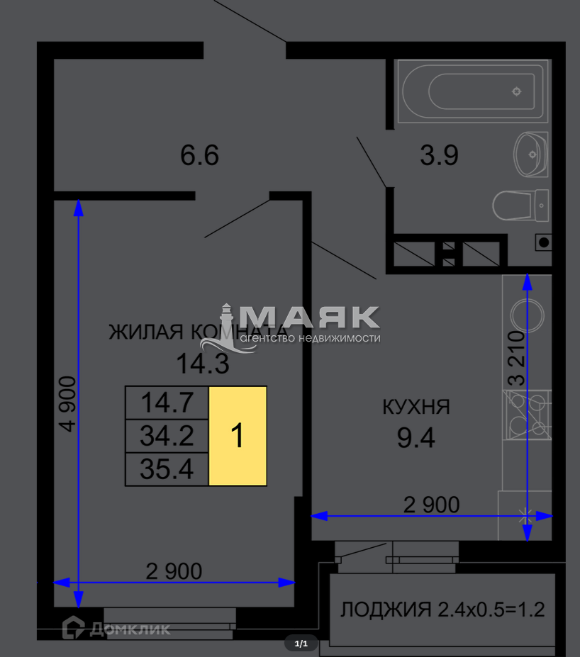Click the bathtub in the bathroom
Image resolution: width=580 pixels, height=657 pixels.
point(473,91)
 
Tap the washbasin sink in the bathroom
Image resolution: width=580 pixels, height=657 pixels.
point(530,155)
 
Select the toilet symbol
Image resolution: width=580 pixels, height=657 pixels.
point(520,206)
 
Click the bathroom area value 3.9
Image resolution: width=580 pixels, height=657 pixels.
point(439,155)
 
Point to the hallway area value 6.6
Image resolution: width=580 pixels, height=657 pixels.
point(199,155)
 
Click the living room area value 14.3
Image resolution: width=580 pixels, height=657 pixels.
point(203,364)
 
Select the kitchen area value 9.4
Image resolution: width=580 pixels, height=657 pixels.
point(416,438)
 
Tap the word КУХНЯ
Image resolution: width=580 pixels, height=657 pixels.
point(416,407)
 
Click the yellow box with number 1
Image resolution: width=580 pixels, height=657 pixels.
point(238,436)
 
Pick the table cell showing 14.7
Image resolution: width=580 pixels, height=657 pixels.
point(167,403)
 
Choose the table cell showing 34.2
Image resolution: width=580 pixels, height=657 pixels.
point(167,436)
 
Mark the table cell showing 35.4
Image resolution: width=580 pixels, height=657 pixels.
point(167,469)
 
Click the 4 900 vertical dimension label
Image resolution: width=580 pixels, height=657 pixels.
point(67,403)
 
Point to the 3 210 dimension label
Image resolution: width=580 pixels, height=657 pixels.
point(516,358)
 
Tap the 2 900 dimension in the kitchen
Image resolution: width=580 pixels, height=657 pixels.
point(431,505)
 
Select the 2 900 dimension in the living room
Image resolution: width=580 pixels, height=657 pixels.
point(174,571)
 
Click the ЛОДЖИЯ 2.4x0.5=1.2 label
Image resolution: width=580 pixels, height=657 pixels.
point(442,610)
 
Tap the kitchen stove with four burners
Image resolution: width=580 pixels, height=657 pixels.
point(528,415)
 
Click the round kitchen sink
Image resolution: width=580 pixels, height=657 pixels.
point(528,315)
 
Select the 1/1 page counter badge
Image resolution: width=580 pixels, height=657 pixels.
point(301,643)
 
